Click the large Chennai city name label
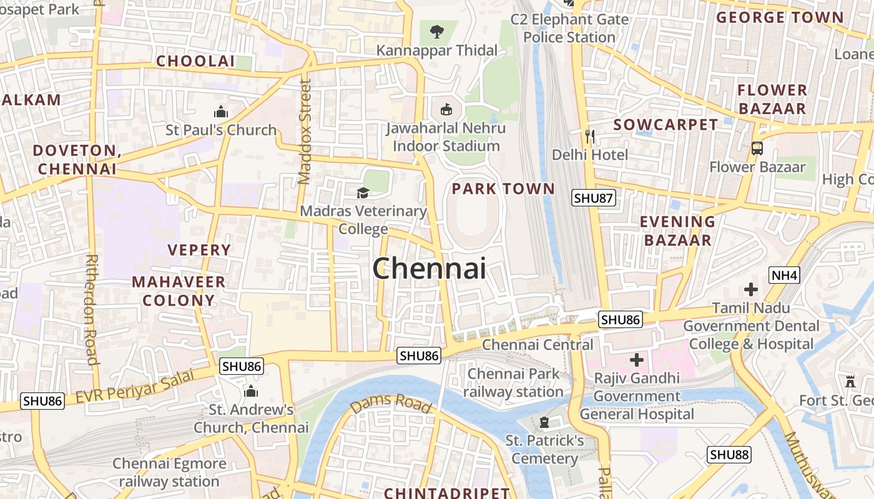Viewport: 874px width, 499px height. [429, 269]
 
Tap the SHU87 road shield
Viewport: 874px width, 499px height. [594, 198]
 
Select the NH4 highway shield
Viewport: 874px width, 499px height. [785, 275]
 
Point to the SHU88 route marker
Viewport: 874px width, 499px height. [729, 455]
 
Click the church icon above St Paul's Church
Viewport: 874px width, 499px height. [220, 112]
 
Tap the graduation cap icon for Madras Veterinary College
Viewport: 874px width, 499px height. [363, 193]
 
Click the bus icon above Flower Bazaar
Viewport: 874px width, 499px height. [757, 148]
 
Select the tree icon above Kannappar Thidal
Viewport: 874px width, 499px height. [436, 31]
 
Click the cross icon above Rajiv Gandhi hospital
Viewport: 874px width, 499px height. [637, 360]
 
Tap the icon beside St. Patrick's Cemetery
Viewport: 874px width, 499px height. [544, 423]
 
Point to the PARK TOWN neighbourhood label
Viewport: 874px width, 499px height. [503, 189]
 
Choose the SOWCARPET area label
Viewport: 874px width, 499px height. [665, 125]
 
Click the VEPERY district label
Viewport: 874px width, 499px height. [199, 250]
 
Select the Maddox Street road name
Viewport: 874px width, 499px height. [305, 132]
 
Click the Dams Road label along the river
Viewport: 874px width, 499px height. [391, 404]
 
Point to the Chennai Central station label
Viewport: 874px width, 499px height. [538, 344]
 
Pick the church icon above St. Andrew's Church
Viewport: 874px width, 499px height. [251, 392]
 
